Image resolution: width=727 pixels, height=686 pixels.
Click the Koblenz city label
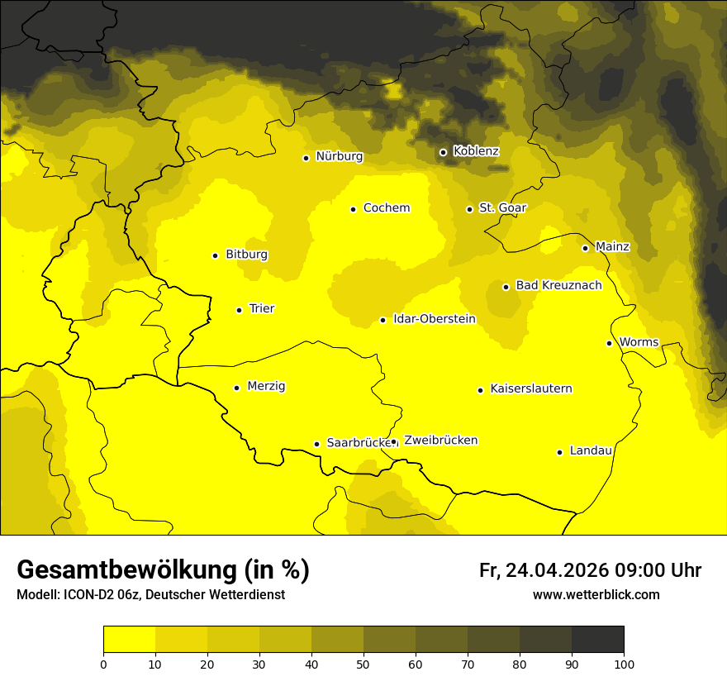coord(476,151)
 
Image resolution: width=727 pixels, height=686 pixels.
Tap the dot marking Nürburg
coord(306,158)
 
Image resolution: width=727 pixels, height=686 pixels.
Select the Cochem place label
coord(386,208)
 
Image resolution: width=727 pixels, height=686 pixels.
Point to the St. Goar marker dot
coord(469,209)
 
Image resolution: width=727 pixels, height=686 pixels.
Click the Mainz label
coord(612,246)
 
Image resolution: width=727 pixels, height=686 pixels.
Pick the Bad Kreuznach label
coord(558,285)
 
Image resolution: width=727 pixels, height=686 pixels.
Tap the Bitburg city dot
coord(215,255)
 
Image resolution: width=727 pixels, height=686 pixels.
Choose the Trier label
coord(262,308)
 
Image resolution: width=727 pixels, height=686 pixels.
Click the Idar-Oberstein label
coord(434,319)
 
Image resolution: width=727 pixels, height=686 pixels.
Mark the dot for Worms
coord(609,343)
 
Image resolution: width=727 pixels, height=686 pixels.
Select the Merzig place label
coord(266,386)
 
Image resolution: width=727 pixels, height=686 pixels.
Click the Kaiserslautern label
coord(531,388)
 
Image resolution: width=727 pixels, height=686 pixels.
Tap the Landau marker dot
coord(559,452)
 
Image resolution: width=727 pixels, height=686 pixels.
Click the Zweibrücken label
coord(440,441)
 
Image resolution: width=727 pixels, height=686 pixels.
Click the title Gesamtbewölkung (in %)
coord(163,570)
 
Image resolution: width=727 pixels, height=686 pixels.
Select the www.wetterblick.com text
coord(596,594)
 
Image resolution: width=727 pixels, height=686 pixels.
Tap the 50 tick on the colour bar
coord(363,663)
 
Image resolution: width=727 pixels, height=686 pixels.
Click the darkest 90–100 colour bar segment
coord(597,639)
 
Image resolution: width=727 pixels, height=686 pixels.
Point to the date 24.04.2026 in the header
coord(555,570)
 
